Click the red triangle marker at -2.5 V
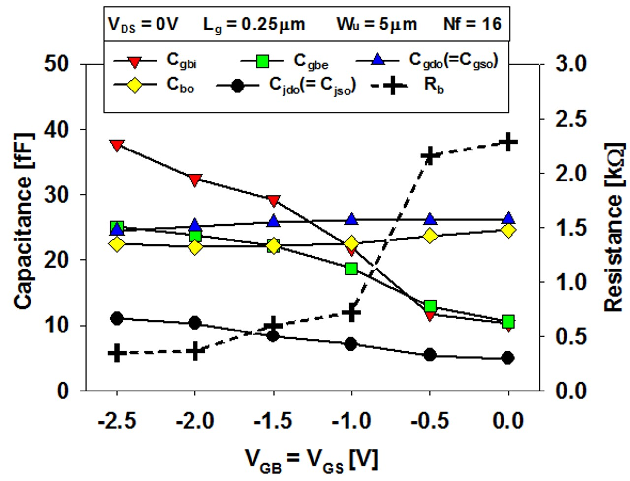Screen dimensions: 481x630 pyautogui.click(x=117, y=145)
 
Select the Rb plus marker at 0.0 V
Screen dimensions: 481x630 pyautogui.click(x=508, y=143)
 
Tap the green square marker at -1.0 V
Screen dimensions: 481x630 pyautogui.click(x=351, y=269)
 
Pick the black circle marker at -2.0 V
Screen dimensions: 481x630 pyautogui.click(x=195, y=323)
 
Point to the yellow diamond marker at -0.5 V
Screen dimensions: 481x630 pyautogui.click(x=430, y=236)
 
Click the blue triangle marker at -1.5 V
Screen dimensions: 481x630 pyautogui.click(x=274, y=221)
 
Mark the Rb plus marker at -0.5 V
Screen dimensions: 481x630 pyautogui.click(x=430, y=156)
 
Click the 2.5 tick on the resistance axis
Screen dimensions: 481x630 pyautogui.click(x=571, y=119)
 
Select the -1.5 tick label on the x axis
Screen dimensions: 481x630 pyautogui.click(x=274, y=421)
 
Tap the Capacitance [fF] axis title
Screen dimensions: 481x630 pyautogui.click(x=23, y=221)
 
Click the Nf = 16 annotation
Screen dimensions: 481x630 pyautogui.click(x=472, y=24)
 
